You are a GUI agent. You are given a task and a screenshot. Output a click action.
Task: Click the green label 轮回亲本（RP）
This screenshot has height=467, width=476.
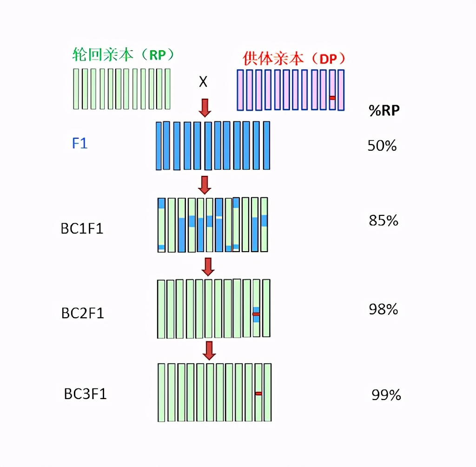124,55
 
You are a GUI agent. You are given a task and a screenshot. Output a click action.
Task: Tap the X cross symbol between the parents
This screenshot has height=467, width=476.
203,82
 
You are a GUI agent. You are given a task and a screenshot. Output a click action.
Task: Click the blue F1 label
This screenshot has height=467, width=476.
79,143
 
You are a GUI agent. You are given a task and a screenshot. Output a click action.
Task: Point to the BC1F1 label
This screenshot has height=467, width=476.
82,229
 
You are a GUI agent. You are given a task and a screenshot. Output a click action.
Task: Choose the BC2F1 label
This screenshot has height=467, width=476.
83,313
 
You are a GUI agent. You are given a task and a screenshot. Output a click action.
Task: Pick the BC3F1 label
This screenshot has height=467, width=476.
86,394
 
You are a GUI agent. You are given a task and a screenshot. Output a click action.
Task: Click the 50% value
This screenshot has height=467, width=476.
382,146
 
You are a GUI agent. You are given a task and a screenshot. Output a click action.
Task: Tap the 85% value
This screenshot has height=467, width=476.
383,220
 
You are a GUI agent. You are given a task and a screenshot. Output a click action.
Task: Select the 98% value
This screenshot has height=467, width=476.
383,309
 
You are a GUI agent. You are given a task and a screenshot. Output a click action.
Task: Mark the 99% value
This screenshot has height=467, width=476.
386,395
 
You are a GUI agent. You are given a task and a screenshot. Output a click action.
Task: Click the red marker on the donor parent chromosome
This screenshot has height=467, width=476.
332,98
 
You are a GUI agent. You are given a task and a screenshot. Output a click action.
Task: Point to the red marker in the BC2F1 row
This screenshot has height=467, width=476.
256,314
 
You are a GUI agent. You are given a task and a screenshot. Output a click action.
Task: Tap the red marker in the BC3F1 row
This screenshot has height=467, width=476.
258,394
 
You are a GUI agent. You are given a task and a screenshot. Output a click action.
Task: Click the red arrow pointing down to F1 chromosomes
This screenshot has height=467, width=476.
205,107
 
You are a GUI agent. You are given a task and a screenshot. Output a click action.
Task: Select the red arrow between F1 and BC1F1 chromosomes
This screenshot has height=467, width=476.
205,185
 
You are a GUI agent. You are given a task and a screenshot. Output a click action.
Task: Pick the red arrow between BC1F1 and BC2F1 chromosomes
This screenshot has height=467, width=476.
208,267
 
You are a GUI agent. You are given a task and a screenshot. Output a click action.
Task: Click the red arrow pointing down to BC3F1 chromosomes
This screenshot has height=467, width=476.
209,350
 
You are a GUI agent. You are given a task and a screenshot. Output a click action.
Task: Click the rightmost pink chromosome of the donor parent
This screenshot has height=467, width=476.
341,90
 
